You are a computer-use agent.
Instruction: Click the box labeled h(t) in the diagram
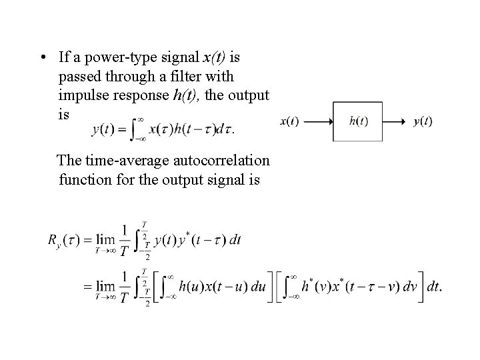358,121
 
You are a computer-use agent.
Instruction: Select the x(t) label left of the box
290,121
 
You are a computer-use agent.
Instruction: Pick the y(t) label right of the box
423,121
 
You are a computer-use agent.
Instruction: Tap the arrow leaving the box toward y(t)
397,121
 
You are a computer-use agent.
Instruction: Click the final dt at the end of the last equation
433,287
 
